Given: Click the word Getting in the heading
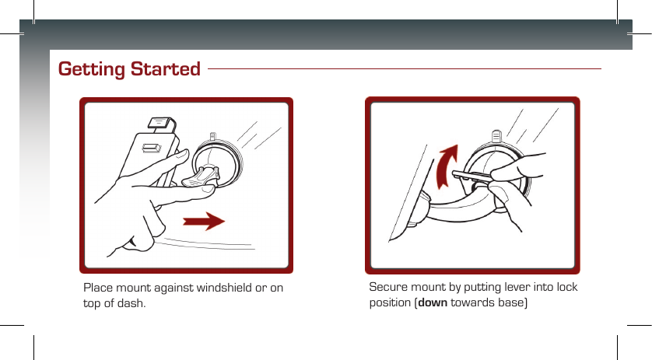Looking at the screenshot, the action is tap(92, 69).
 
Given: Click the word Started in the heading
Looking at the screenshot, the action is tap(165, 68).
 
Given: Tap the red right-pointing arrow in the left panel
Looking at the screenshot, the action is tap(204, 221).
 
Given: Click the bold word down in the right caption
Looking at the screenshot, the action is tap(433, 302).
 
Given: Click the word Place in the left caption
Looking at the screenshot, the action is tap(98, 288).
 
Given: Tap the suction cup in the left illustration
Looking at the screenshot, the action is tap(216, 163).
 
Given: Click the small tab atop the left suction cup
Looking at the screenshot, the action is tap(213, 137).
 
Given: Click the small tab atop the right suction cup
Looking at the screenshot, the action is tap(496, 136).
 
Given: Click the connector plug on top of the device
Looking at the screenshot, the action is tap(161, 124).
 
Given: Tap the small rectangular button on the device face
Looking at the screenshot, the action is tap(152, 148).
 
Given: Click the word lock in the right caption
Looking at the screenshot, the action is tap(567, 287).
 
